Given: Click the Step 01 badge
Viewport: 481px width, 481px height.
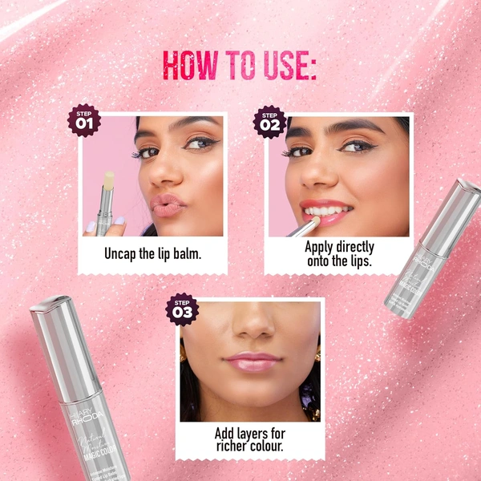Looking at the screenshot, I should tap(84, 120).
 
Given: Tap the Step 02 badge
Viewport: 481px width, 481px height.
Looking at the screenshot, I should tap(269, 121).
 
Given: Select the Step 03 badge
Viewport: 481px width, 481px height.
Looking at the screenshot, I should tap(181, 309).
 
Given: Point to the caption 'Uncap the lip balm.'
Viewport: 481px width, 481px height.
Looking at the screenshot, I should tap(153, 253).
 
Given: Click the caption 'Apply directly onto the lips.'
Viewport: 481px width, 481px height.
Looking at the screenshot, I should tap(339, 254).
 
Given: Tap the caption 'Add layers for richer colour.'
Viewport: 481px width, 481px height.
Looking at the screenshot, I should tap(249, 440).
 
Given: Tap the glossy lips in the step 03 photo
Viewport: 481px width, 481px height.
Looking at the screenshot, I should tap(253, 362).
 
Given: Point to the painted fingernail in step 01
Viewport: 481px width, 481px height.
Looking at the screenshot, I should tap(119, 220).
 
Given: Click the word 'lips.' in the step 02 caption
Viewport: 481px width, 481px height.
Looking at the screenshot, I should tap(358, 261).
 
